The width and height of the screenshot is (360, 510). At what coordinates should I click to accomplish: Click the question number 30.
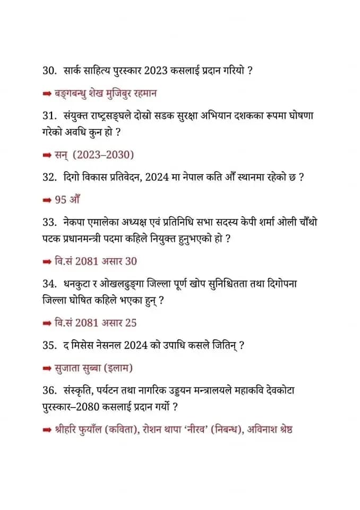point(51,70)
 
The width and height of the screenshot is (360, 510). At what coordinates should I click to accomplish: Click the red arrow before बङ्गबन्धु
point(47,93)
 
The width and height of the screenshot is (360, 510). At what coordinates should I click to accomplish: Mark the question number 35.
point(51,345)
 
